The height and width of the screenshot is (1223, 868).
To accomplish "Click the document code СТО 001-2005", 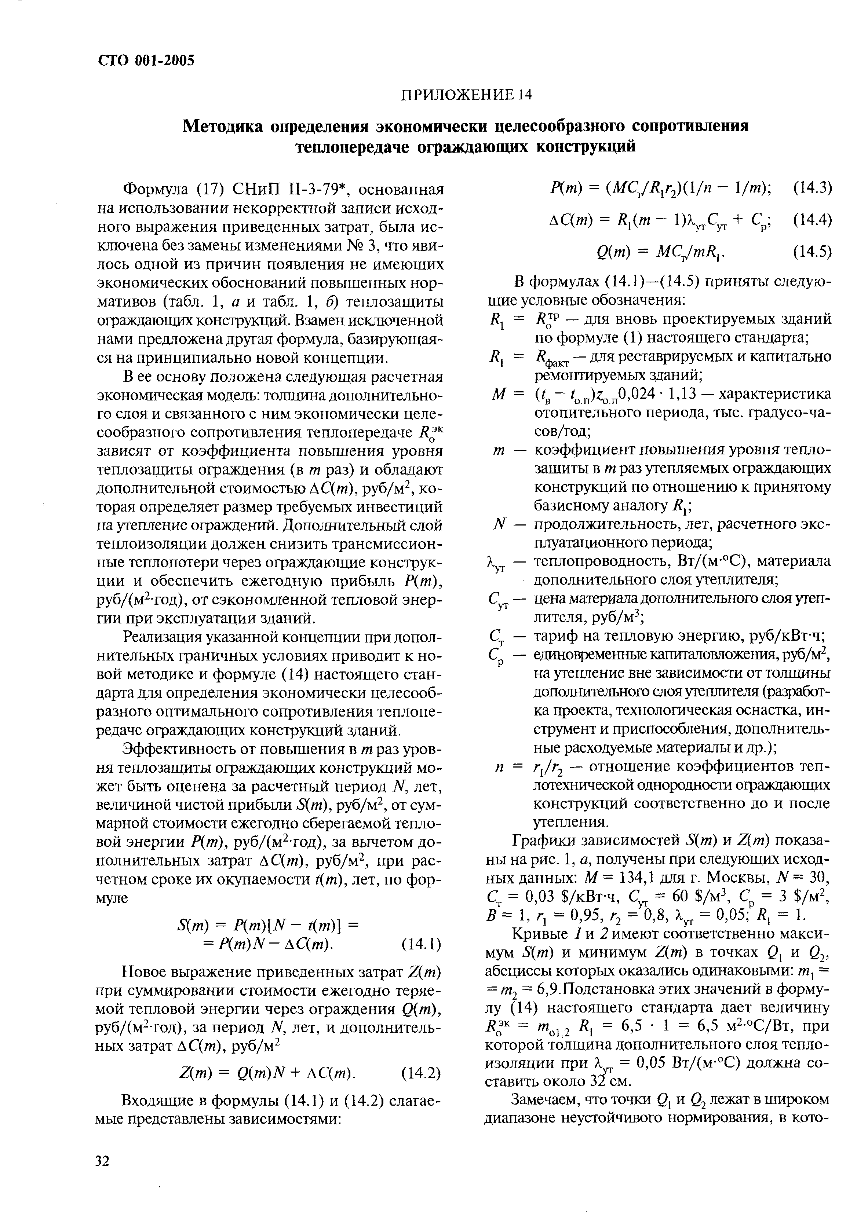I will tap(146, 60).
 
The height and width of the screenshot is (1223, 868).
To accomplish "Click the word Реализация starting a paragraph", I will tap(167, 638).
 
